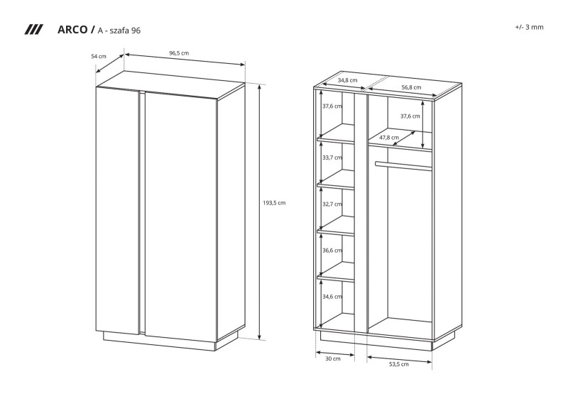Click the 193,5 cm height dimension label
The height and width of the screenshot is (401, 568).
[x=274, y=203]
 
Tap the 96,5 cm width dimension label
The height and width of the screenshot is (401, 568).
[x=180, y=53]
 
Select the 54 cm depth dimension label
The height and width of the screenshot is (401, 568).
[x=99, y=56]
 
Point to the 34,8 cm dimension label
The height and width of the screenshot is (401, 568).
[x=347, y=80]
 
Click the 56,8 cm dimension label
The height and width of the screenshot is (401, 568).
[x=412, y=87]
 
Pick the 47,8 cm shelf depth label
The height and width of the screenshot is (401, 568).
[x=389, y=138]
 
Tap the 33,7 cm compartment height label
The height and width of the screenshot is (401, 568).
[x=332, y=158]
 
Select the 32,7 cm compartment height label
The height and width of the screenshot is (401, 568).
[x=332, y=204]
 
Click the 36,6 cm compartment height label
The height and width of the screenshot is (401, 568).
[x=332, y=251]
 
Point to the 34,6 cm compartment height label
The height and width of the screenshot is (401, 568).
[x=332, y=297]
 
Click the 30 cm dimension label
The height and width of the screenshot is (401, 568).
[x=333, y=358]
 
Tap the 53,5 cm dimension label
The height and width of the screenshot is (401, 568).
[x=399, y=364]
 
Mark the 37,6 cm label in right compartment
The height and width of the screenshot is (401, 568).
[x=410, y=116]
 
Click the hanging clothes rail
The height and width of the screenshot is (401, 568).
[x=403, y=165]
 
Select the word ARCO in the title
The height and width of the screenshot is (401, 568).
[x=72, y=29]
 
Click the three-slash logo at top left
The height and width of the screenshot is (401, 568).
[x=33, y=30]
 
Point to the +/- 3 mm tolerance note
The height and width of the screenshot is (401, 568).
[x=529, y=27]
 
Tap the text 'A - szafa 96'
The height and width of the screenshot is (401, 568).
[x=119, y=31]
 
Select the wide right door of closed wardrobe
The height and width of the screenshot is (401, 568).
[x=181, y=216]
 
